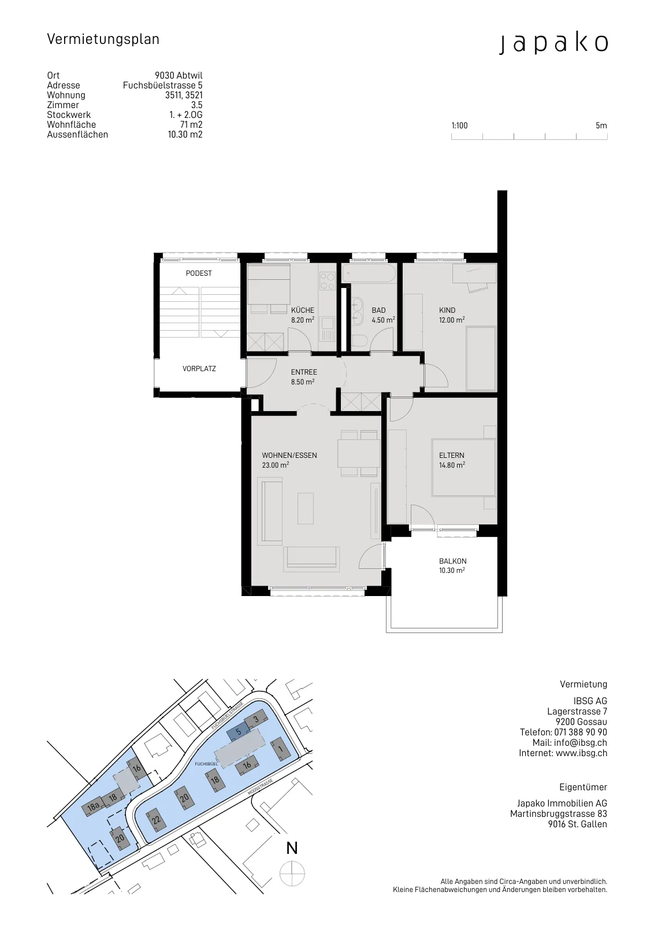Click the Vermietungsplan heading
pos(103,39)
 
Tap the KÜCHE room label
pos(303,310)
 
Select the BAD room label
pos(378,310)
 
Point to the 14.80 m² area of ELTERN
pos(452,465)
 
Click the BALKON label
pos(452,561)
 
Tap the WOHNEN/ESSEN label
pos(289,456)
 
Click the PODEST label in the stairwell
pos(199,273)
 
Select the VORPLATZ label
pos(199,369)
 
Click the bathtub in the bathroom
pos(369,273)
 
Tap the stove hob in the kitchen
pos(327,281)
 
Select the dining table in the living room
pos(359,453)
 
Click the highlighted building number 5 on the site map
pos(239,732)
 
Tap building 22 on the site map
pos(155,819)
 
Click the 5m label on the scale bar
pos(601,125)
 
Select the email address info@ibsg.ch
pos(580,742)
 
